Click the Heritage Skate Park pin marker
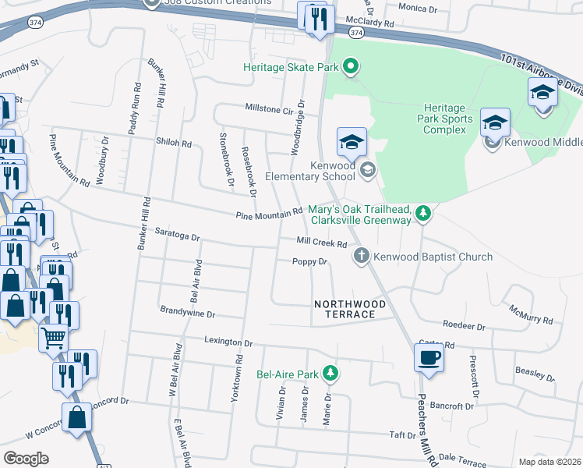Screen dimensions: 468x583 tap(351, 67)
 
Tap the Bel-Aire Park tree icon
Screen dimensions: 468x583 tap(331, 374)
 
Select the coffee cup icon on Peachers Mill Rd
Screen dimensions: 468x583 tap(429, 358)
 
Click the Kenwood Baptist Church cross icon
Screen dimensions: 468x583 tap(361, 256)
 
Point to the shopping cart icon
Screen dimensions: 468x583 tap(53, 339)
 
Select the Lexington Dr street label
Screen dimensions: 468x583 tap(229, 342)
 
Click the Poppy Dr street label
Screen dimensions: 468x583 tap(309, 262)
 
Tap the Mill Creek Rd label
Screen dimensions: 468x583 tap(321, 243)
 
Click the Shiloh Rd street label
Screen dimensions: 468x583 tap(175, 144)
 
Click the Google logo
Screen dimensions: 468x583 tap(26, 458)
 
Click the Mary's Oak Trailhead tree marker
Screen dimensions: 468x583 tap(422, 214)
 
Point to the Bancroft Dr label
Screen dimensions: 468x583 tap(452, 406)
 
